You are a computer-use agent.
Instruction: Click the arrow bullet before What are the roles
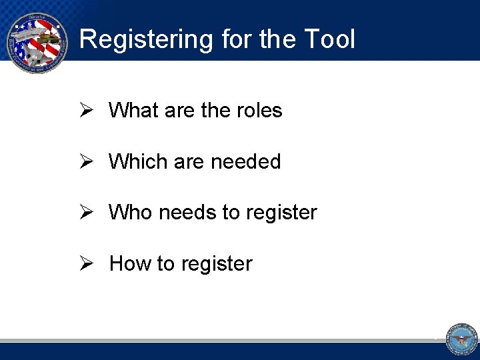pyautogui.click(x=85, y=110)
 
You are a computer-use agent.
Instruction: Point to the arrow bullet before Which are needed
pyautogui.click(x=85, y=161)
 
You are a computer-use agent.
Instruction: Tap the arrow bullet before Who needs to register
pyautogui.click(x=85, y=213)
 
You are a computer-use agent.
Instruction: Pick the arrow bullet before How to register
pyautogui.click(x=85, y=264)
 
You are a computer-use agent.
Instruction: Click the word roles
pyautogui.click(x=259, y=110)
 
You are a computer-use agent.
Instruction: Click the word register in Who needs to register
pyautogui.click(x=281, y=213)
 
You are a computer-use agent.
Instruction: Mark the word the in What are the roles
pyautogui.click(x=215, y=110)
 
